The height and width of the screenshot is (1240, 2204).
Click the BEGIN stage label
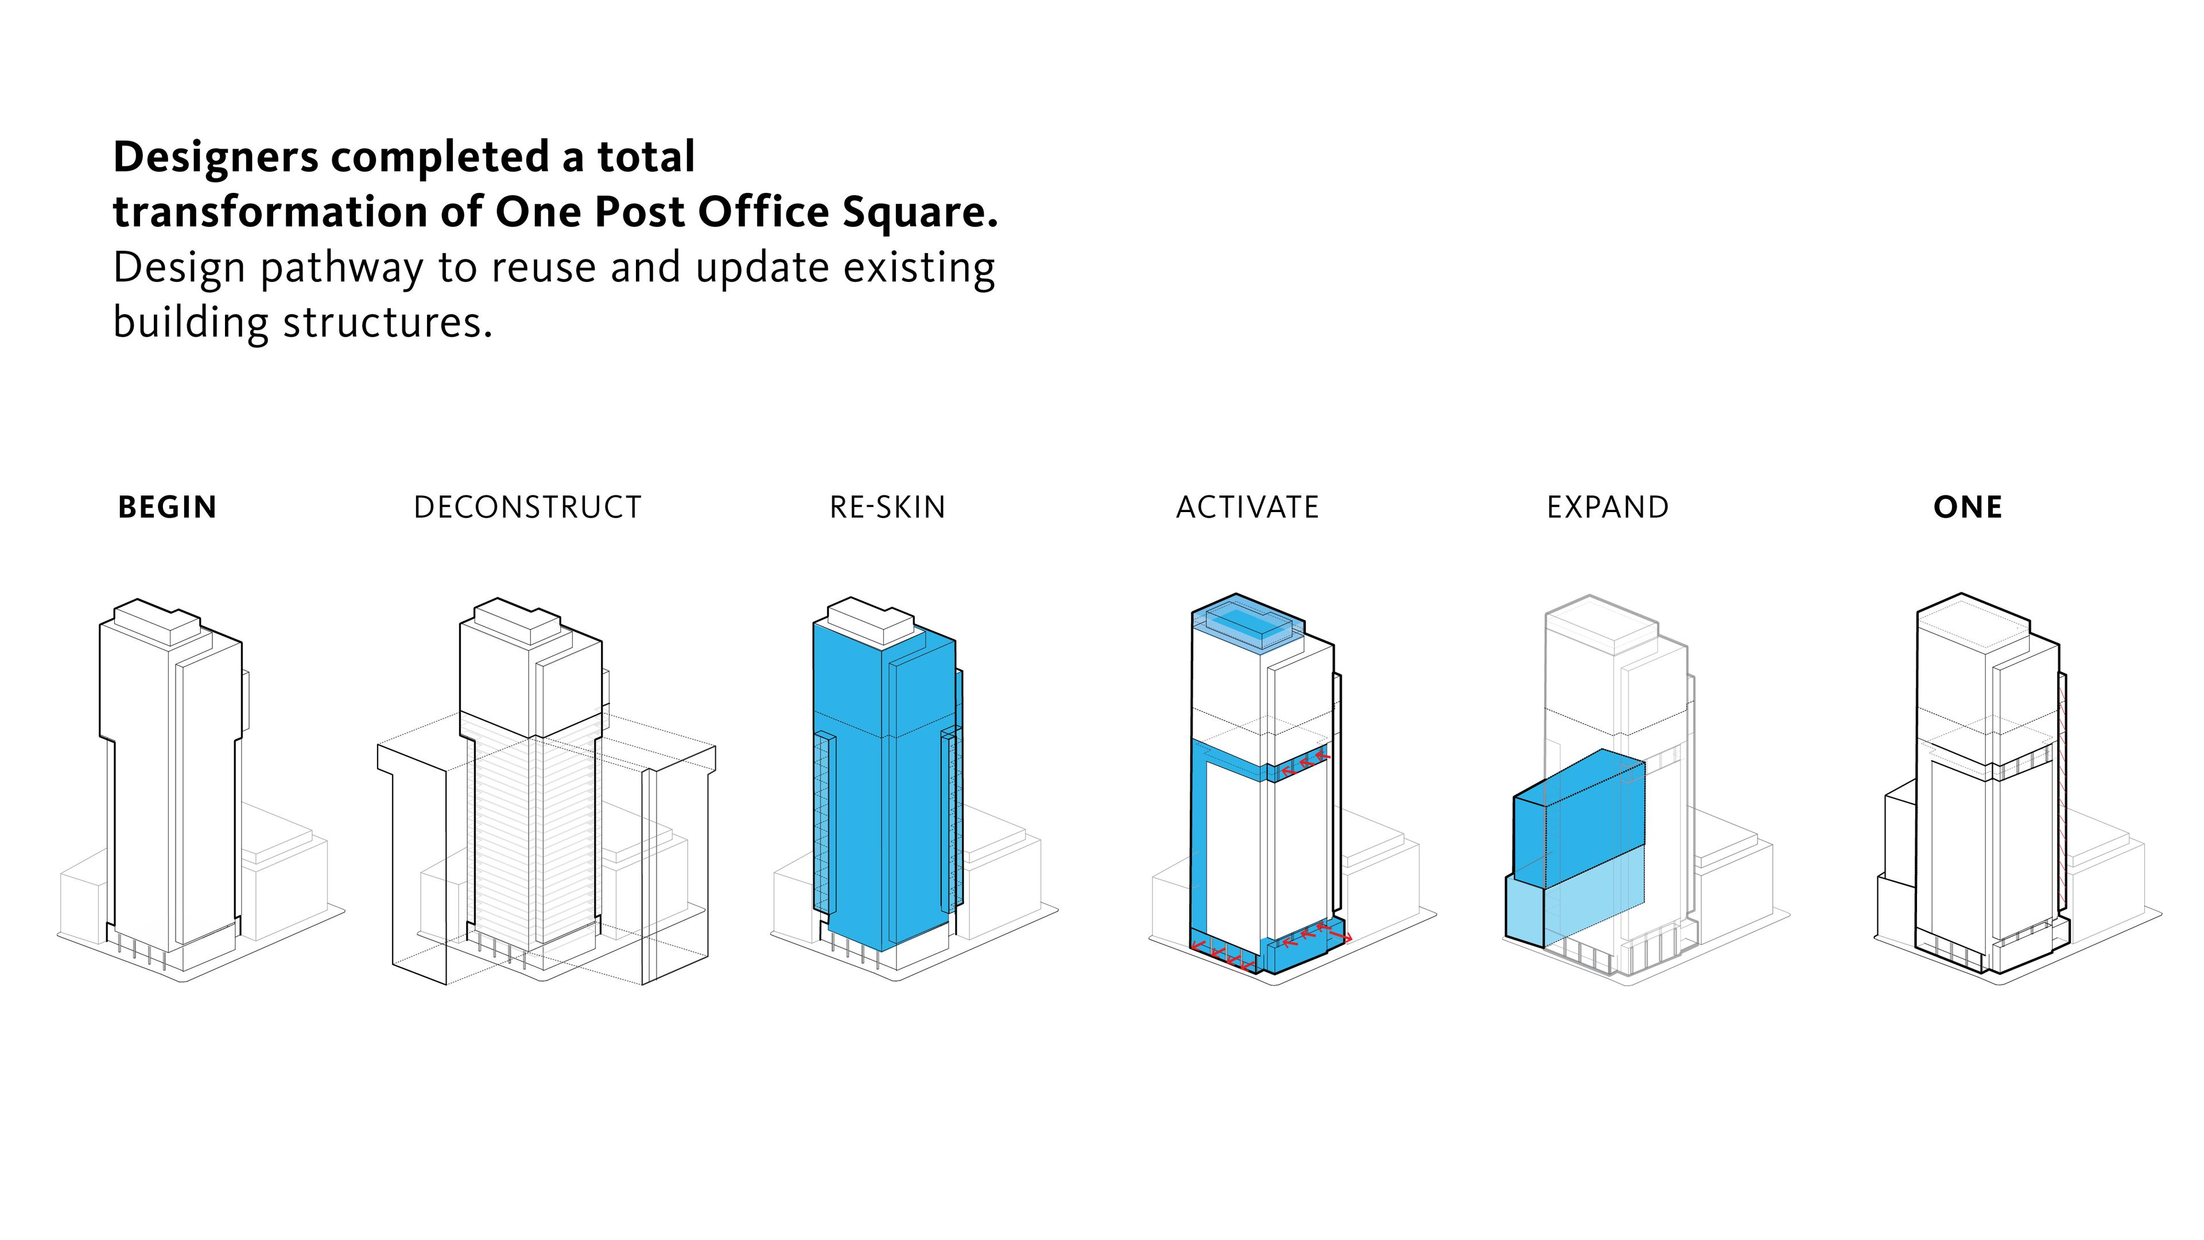coord(168,507)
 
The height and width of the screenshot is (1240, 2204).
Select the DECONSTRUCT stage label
coord(527,507)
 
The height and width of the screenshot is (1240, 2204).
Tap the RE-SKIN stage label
coord(887,507)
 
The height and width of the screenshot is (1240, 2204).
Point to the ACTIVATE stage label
coord(1247,507)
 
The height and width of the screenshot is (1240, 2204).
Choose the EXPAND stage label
coord(1608,507)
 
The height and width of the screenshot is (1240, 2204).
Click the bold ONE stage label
coord(1968,507)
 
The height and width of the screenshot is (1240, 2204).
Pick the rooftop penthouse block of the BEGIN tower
coord(157,621)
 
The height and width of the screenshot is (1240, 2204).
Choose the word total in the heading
coord(646,157)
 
